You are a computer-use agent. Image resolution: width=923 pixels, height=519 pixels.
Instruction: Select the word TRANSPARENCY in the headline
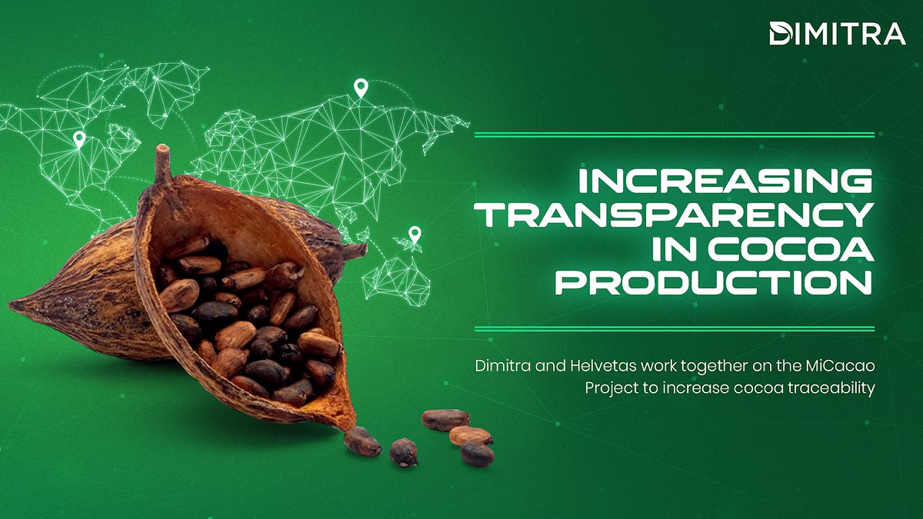tap(677, 215)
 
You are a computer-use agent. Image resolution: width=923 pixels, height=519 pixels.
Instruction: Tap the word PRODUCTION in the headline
tap(715, 283)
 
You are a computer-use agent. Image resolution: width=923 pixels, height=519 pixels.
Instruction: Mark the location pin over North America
tap(78, 139)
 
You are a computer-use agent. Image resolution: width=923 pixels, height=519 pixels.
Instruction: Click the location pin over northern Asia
tap(359, 88)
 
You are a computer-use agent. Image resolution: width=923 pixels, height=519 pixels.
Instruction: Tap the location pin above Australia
tap(415, 234)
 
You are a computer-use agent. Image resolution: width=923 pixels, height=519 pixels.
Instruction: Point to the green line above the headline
tap(675, 135)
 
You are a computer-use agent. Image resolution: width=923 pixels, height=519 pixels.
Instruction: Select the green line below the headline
tap(675, 328)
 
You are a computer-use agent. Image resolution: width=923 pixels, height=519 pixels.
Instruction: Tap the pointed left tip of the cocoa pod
tap(15, 305)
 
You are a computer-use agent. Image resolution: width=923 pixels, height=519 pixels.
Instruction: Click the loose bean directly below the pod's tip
tap(362, 441)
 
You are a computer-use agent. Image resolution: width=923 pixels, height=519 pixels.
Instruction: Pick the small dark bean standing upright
tap(403, 452)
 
